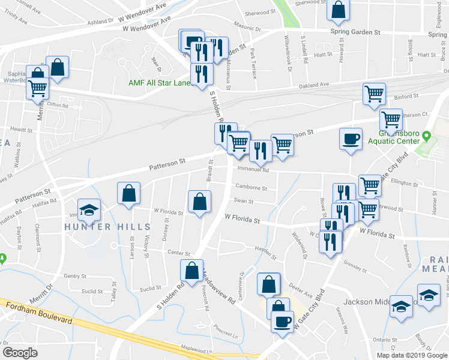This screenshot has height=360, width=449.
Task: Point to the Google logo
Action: coord(20,353)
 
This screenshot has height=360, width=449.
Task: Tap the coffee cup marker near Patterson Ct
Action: coord(351,138)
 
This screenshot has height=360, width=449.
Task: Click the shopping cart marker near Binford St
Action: coord(373,94)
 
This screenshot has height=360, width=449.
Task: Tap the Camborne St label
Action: coord(252,188)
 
